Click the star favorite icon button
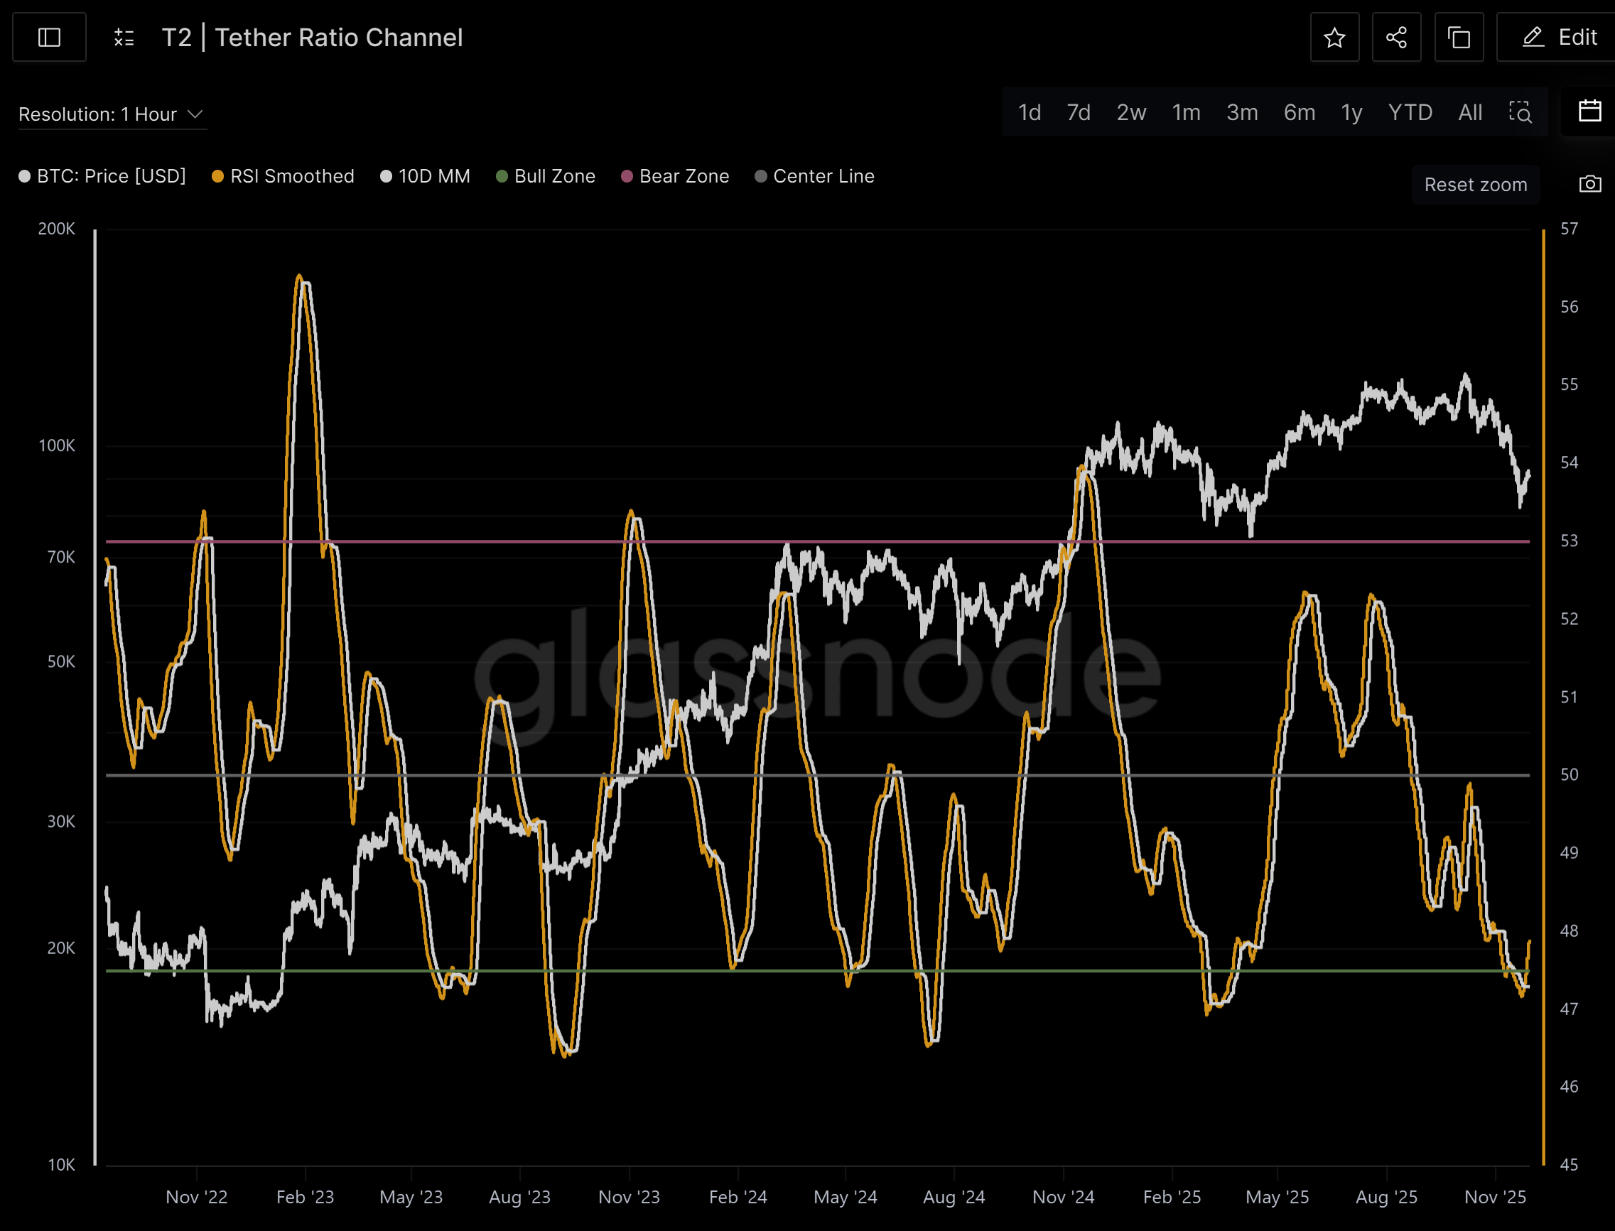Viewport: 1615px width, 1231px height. pyautogui.click(x=1334, y=38)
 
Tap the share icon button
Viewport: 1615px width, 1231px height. pyautogui.click(x=1396, y=38)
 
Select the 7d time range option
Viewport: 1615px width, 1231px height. pyautogui.click(x=1078, y=112)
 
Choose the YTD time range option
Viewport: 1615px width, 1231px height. pyautogui.click(x=1410, y=112)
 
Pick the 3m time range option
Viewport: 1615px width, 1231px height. pyautogui.click(x=1242, y=112)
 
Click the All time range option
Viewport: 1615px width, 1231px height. pyautogui.click(x=1470, y=112)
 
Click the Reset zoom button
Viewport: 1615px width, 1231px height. pyautogui.click(x=1475, y=185)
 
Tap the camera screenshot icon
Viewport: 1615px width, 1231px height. pyautogui.click(x=1589, y=184)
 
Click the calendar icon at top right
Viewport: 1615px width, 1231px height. pyautogui.click(x=1589, y=112)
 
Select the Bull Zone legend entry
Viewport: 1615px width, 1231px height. pyautogui.click(x=546, y=177)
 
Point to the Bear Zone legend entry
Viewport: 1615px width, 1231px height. pyautogui.click(x=675, y=177)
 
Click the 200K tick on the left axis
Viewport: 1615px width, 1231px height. pyautogui.click(x=56, y=229)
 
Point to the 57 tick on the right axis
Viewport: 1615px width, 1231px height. pyautogui.click(x=1569, y=229)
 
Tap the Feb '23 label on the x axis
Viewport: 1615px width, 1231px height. pyautogui.click(x=305, y=1198)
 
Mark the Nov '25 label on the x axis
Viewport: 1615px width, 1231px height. pyautogui.click(x=1495, y=1198)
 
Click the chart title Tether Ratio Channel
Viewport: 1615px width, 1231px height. pyautogui.click(x=338, y=38)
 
